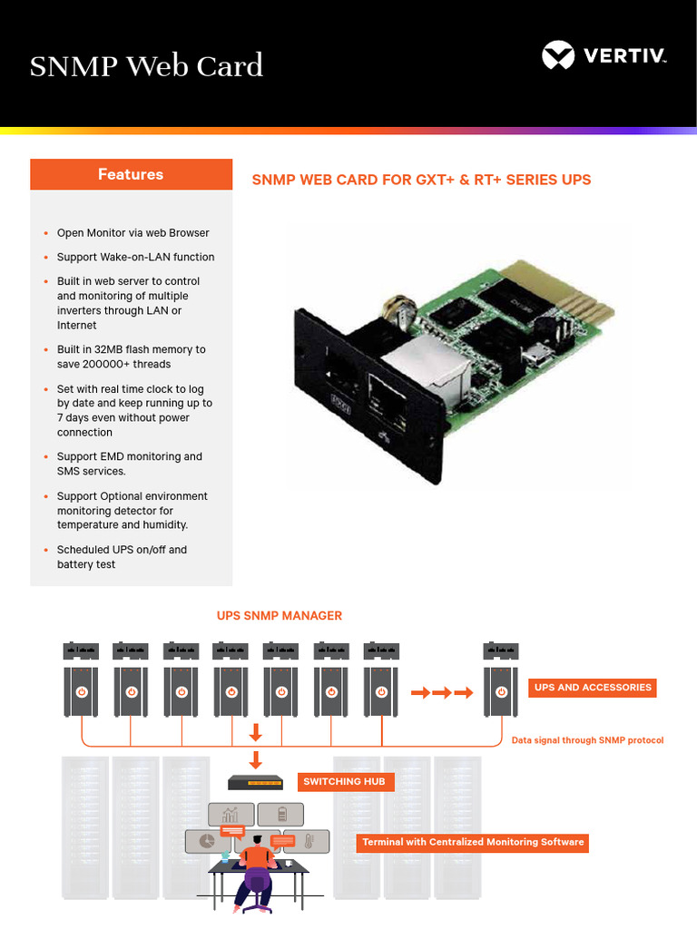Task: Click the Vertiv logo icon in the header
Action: pyautogui.click(x=558, y=55)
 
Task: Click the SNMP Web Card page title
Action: pyautogui.click(x=146, y=66)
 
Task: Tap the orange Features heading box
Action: pyautogui.click(x=131, y=174)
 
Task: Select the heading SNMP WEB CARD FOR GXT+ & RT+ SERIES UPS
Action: pyautogui.click(x=421, y=180)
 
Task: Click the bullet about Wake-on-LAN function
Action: pyautogui.click(x=135, y=257)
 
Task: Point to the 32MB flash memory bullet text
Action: pyautogui.click(x=131, y=357)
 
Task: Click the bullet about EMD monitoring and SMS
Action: pyautogui.click(x=129, y=464)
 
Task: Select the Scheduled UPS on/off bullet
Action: pyautogui.click(x=122, y=557)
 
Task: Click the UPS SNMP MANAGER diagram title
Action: pyautogui.click(x=279, y=616)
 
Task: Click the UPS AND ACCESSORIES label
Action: pyautogui.click(x=593, y=688)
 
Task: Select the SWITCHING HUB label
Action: pyautogui.click(x=344, y=781)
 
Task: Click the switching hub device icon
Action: pyautogui.click(x=261, y=781)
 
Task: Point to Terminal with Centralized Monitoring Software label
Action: pyautogui.click(x=473, y=843)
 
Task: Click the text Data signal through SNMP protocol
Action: pyautogui.click(x=587, y=740)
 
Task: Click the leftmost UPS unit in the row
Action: pyautogui.click(x=81, y=689)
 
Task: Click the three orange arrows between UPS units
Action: pyautogui.click(x=442, y=693)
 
